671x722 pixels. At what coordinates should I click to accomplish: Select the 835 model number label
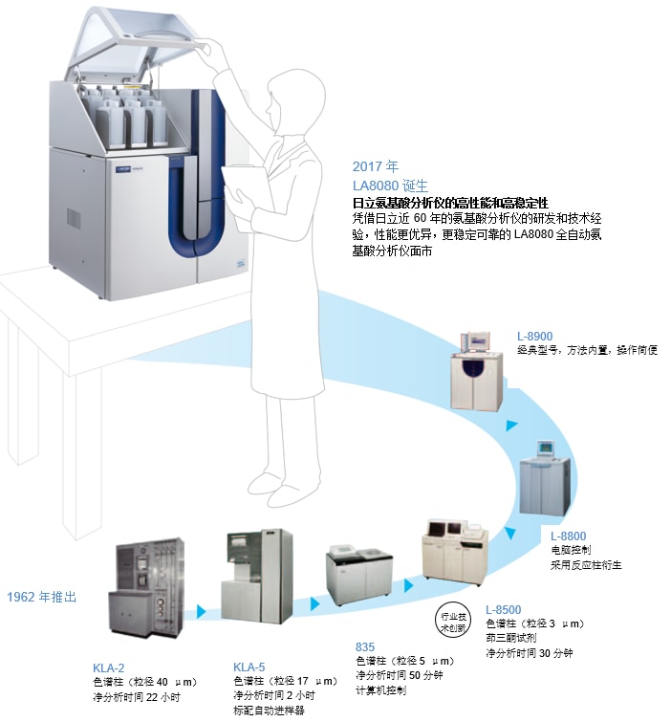point(365,646)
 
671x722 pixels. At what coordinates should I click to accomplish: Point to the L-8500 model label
point(504,609)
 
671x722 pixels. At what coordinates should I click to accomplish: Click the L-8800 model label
point(570,536)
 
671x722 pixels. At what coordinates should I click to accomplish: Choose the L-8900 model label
point(535,335)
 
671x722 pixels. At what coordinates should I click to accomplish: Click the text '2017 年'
point(372,165)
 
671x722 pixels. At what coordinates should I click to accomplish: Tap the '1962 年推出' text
point(41,597)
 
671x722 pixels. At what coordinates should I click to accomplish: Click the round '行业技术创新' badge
point(454,617)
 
